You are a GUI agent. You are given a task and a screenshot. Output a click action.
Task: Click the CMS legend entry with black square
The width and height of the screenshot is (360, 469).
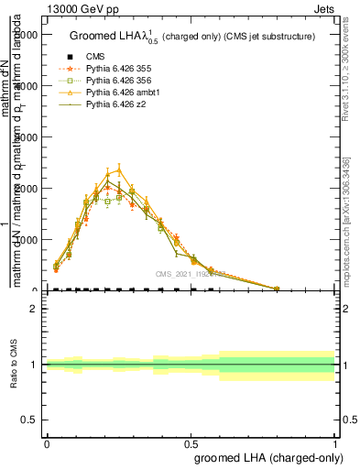click(x=96, y=56)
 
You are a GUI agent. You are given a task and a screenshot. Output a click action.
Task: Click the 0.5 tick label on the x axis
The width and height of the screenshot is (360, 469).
click(x=191, y=442)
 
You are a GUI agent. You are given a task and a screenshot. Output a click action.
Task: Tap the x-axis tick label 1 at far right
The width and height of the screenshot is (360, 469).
click(x=335, y=442)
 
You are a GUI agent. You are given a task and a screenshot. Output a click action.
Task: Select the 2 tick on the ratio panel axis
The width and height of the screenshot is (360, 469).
click(x=34, y=309)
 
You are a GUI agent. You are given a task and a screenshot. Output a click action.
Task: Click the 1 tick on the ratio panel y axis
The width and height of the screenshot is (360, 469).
click(x=34, y=365)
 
